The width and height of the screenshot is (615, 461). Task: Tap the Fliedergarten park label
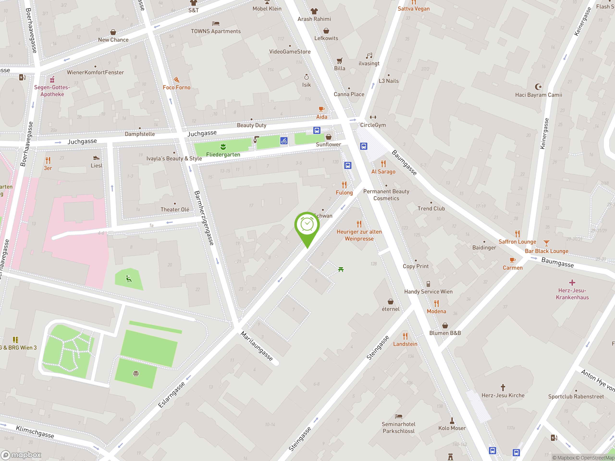click(223, 154)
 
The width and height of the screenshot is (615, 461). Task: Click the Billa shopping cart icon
click(339, 61)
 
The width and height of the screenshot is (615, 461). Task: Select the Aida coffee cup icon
click(321, 109)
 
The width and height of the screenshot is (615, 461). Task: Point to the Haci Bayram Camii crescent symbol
click(538, 87)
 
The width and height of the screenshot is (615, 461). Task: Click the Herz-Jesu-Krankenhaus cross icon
click(572, 283)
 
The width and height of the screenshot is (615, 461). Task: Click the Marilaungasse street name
click(257, 346)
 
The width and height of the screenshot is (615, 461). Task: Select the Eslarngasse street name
click(171, 394)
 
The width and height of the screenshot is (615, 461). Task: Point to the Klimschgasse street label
click(35, 431)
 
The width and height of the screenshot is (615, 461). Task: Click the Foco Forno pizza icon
click(177, 80)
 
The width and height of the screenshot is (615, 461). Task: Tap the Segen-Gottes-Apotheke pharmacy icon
click(52, 80)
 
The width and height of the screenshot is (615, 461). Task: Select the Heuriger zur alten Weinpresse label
click(359, 235)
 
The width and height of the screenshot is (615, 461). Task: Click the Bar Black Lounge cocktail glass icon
click(546, 243)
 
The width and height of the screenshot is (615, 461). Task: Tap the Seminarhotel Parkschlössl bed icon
click(398, 416)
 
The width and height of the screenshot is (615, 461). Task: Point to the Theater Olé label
click(175, 210)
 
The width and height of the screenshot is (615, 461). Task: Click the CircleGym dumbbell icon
click(373, 117)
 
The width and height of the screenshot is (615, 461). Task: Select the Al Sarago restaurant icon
click(383, 164)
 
